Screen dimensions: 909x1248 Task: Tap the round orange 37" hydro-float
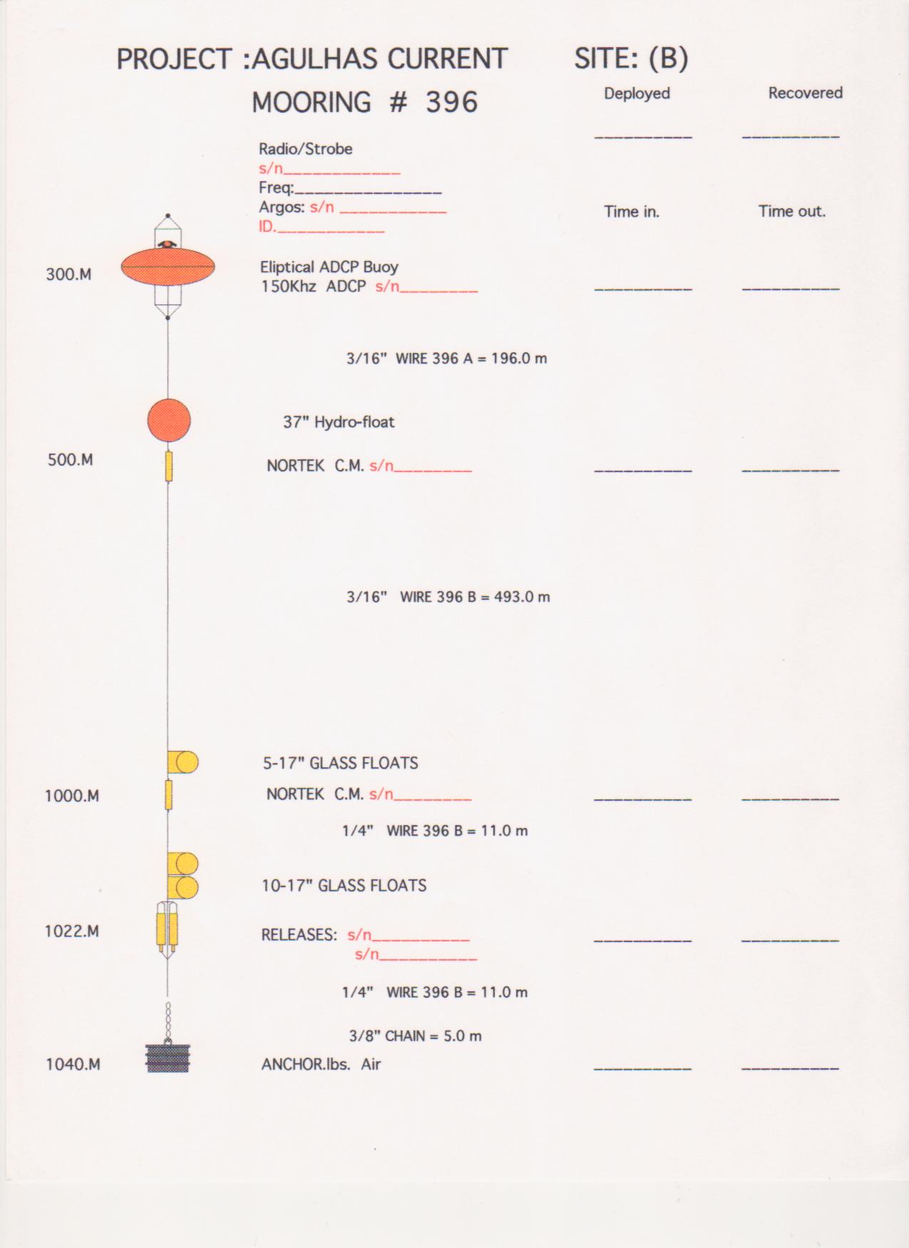[169, 420]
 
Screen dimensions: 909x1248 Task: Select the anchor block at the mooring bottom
[168, 1058]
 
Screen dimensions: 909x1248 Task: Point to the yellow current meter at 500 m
[169, 466]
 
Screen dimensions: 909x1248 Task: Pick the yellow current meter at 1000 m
[168, 794]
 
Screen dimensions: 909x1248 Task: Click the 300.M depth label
[68, 275]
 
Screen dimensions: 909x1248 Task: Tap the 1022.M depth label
[72, 931]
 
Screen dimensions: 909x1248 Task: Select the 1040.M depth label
[73, 1065]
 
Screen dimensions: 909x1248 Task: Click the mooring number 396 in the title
[451, 102]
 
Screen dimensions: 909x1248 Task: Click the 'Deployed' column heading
[637, 93]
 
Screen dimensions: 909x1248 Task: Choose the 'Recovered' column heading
[805, 93]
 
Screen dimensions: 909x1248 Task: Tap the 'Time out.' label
[791, 211]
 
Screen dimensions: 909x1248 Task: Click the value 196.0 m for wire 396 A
[519, 358]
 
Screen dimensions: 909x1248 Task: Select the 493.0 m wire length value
[522, 597]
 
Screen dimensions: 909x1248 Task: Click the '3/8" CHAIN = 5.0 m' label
[415, 1035]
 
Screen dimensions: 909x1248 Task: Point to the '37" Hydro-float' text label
[339, 422]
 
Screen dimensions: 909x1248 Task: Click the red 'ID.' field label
[267, 227]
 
